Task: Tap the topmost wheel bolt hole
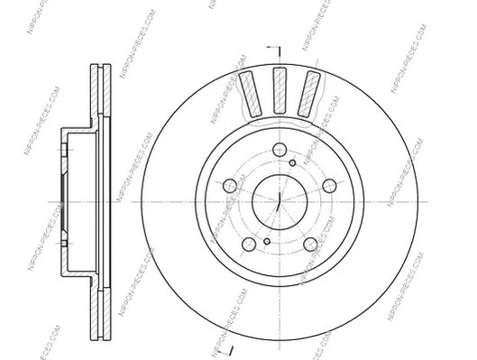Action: click(280, 149)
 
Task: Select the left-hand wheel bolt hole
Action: click(230, 186)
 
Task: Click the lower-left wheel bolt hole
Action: click(249, 244)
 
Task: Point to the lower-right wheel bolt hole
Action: click(310, 244)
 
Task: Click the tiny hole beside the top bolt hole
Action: click(293, 163)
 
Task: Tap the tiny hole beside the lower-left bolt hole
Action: click(267, 241)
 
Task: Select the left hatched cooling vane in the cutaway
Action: click(249, 94)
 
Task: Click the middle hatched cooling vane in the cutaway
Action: click(280, 88)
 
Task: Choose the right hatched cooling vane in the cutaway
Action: click(311, 94)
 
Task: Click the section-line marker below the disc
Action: click(232, 347)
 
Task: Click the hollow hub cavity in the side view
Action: click(77, 199)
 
